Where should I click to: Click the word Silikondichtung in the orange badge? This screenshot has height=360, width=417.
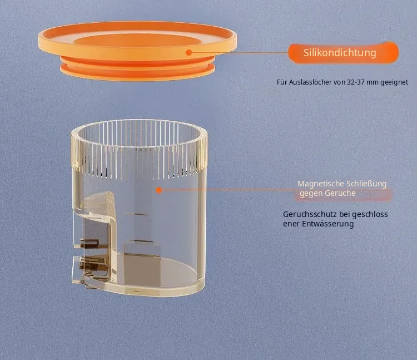340,53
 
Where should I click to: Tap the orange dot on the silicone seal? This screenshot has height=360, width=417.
189,52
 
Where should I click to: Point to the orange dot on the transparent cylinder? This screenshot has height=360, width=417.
159,190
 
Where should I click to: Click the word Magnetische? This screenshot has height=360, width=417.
317,184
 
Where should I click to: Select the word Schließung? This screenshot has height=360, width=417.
363,184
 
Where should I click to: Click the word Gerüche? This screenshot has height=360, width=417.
342,193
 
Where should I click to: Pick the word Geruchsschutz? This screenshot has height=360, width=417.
310,214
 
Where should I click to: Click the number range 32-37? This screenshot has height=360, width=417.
356,82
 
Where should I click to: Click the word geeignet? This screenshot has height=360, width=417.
394,82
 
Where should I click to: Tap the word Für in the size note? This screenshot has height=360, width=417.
282,82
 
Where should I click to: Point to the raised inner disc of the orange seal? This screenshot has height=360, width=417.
137,41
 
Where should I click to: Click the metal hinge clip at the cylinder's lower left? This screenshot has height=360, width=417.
92,262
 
